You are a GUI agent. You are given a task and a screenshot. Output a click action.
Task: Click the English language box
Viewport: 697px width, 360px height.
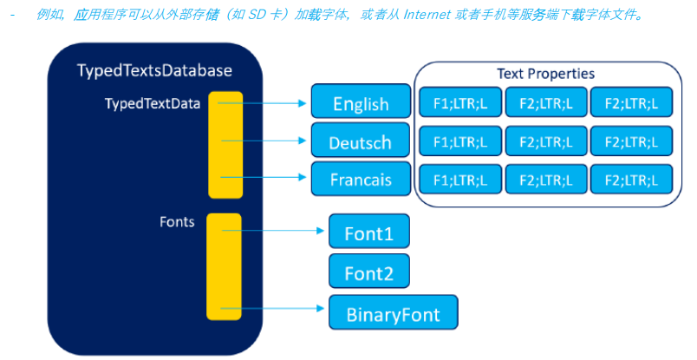tap(361, 102)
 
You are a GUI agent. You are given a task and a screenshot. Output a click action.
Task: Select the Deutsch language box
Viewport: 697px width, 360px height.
tap(361, 141)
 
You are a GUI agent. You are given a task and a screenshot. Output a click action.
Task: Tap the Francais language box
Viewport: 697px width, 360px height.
tap(361, 180)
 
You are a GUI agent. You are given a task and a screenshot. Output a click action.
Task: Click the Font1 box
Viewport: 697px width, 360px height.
tap(368, 232)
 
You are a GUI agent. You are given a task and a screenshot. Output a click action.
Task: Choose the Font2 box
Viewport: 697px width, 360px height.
tap(368, 272)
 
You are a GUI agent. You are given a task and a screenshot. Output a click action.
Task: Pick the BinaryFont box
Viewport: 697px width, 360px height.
tap(393, 312)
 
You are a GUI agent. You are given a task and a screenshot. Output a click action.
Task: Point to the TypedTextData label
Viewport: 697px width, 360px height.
tap(153, 103)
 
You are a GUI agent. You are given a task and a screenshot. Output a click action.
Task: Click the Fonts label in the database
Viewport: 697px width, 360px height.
tap(177, 222)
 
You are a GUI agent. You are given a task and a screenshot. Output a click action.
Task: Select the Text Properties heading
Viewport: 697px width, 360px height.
tap(545, 74)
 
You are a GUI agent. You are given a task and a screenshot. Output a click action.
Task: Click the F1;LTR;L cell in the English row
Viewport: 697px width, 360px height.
tap(459, 102)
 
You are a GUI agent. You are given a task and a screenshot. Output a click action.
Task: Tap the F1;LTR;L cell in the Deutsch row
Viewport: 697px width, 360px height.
tap(459, 141)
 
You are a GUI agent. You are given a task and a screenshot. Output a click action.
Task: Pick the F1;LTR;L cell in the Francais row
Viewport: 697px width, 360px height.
tap(459, 180)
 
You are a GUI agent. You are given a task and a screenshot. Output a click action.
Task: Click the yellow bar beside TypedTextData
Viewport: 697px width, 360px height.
tap(225, 144)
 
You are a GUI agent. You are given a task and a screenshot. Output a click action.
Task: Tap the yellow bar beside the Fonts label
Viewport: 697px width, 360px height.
tap(223, 266)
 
